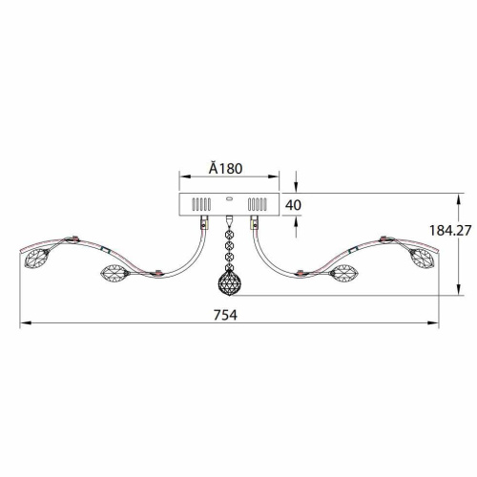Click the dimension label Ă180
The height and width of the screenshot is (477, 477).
225,168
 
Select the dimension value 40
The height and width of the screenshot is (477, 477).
293,205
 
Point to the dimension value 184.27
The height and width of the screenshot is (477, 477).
450,230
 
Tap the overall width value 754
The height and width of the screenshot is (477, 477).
225,315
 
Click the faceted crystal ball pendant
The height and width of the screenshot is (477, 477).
229,282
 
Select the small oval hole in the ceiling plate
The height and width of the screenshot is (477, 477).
229,199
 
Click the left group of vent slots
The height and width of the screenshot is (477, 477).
201,204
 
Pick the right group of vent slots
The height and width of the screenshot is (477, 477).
257,204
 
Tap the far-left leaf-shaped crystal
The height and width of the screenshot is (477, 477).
37,258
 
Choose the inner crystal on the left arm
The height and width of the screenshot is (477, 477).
114,273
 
